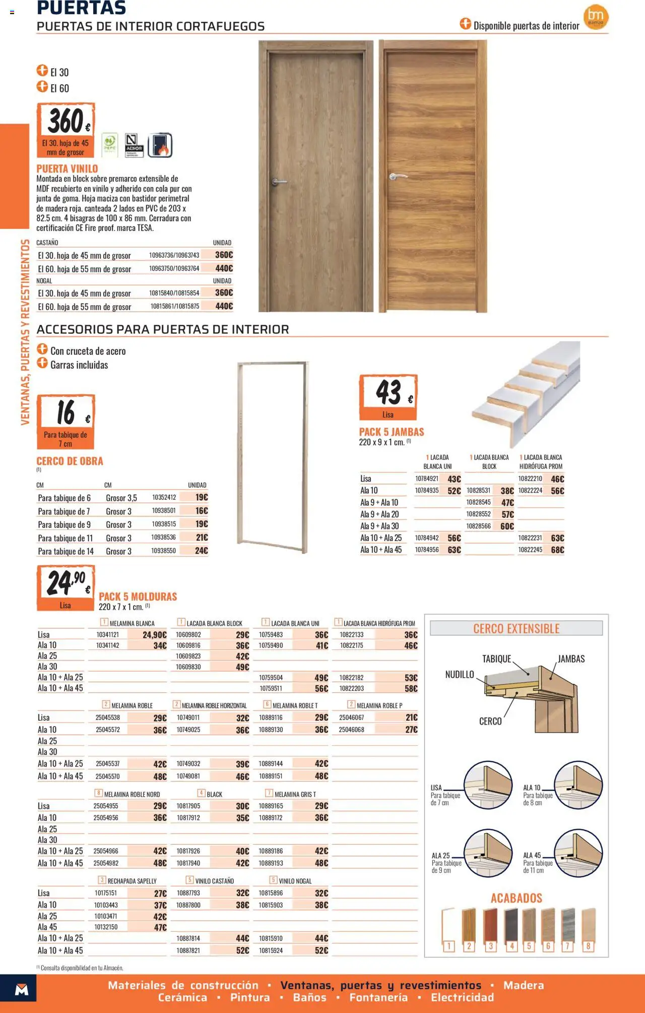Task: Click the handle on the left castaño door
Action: pos(279,181)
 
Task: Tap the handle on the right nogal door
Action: pos(398,176)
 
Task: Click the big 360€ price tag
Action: pos(66,130)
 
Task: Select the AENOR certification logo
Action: pos(134,145)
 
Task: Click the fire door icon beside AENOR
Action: pos(160,145)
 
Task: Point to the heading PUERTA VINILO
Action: pos(67,169)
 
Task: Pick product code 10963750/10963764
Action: pos(174,269)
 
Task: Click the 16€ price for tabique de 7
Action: pos(202,511)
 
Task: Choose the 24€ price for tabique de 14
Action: pos(201,551)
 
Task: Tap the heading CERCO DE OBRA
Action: pos(70,461)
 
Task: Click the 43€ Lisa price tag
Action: pos(388,397)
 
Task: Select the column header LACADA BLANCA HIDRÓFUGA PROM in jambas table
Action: pos(541,462)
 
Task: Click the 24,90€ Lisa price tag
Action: pos(66,587)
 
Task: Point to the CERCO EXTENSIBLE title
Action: pos(516,629)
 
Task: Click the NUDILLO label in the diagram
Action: pos(460,675)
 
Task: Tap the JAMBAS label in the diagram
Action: pos(571,659)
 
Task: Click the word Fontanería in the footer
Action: pos(378,997)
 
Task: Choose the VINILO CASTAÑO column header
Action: pos(214,881)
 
